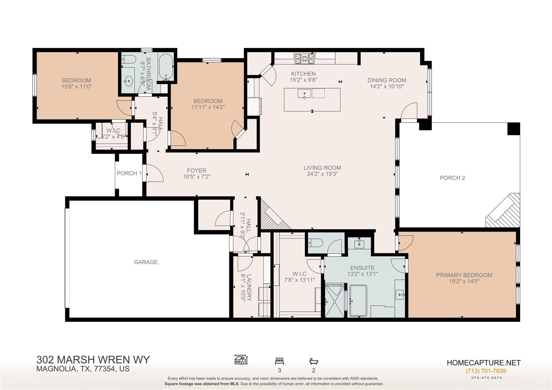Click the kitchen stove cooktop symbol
coord(305,58)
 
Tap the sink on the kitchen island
coord(304,94)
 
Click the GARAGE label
coord(146,262)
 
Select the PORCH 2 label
coord(452,178)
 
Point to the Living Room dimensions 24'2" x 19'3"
coord(322,174)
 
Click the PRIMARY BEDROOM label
coord(464,275)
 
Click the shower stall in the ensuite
coord(334,301)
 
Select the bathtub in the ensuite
coord(358,301)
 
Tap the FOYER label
coord(196,171)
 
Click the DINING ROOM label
coord(387,80)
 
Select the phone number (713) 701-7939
coord(486,371)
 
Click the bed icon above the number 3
coord(280,361)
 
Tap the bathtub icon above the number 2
coord(314,361)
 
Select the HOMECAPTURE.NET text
coord(484,363)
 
